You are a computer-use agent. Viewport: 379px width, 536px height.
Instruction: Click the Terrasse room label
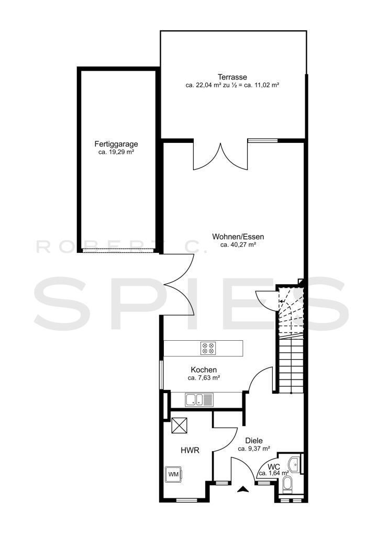click(x=232, y=77)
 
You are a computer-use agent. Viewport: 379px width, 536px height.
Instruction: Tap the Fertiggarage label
click(x=116, y=144)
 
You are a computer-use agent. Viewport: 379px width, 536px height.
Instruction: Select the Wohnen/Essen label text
click(x=238, y=237)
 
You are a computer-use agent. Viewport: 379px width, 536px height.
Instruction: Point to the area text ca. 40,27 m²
click(x=238, y=245)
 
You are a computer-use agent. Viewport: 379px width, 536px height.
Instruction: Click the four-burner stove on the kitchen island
click(x=208, y=348)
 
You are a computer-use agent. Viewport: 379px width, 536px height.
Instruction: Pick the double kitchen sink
click(x=199, y=399)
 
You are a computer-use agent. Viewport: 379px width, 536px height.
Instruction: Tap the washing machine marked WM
click(x=174, y=474)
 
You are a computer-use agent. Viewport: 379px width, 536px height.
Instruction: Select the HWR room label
click(x=189, y=451)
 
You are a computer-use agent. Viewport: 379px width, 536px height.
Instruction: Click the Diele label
click(x=254, y=441)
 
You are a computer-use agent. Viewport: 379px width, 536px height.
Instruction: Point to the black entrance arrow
click(x=242, y=489)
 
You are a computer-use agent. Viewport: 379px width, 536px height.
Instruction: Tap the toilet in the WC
click(x=287, y=485)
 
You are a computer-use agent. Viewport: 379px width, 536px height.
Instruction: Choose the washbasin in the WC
click(x=294, y=464)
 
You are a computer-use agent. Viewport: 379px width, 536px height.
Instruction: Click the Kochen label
click(x=204, y=370)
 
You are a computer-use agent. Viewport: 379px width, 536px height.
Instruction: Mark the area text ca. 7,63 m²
click(x=204, y=378)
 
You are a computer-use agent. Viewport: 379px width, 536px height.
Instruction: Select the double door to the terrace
click(x=220, y=156)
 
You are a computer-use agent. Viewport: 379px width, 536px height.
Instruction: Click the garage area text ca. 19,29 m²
click(x=116, y=152)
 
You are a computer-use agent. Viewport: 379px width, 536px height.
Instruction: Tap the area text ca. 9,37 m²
click(x=254, y=449)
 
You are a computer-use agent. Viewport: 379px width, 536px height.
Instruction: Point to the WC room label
click(x=274, y=466)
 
